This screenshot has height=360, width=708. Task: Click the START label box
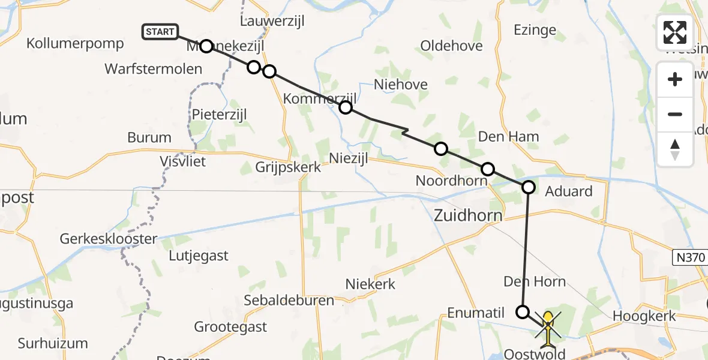(160, 32)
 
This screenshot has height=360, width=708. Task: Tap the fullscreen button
(675, 32)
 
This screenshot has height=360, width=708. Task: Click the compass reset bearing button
(675, 149)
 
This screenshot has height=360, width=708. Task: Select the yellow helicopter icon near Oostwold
(548, 328)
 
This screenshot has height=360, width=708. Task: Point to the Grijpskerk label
(288, 167)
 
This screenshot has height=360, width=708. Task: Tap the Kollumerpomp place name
(75, 43)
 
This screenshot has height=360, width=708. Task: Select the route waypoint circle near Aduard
(529, 187)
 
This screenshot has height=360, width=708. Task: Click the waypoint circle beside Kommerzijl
(346, 107)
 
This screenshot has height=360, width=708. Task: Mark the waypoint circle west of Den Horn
(523, 311)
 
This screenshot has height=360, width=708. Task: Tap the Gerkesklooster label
(109, 239)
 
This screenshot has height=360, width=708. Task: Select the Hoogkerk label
(644, 316)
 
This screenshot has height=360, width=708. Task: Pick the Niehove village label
(401, 85)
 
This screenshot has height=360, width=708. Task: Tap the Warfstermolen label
(154, 69)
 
